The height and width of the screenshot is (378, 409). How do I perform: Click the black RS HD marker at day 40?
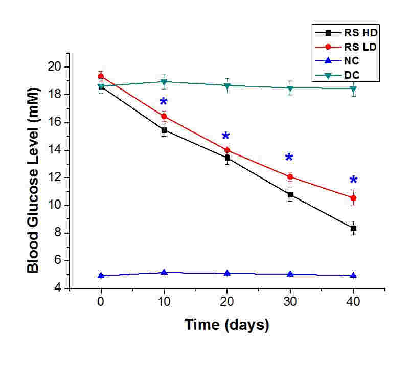[353, 229]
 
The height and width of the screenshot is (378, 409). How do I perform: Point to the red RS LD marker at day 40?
[353, 198]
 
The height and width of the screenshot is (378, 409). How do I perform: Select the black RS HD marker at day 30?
[290, 195]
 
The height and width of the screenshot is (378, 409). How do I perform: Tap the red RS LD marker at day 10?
[164, 117]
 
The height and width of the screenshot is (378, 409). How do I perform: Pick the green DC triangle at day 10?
[164, 82]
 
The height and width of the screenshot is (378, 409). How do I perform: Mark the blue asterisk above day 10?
[163, 102]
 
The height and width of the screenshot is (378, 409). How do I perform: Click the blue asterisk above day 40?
[353, 181]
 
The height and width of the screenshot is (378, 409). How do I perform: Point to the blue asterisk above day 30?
[289, 158]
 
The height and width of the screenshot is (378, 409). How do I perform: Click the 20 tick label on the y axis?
[55, 67]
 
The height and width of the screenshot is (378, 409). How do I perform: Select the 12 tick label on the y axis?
[55, 178]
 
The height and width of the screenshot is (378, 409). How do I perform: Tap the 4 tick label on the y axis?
[58, 288]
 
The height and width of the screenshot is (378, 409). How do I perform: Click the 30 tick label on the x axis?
[290, 301]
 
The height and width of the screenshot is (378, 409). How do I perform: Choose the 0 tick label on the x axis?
[101, 301]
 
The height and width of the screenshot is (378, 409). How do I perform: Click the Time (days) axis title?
[226, 325]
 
